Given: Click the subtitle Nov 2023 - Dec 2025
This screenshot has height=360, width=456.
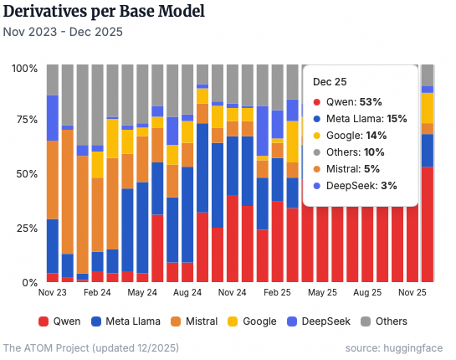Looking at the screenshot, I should pyautogui.click(x=63, y=33).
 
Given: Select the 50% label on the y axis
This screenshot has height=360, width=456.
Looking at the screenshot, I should pyautogui.click(x=25, y=174).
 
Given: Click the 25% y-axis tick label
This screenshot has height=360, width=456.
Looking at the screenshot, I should pyautogui.click(x=25, y=229).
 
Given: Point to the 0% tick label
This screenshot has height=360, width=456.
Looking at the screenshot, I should pyautogui.click(x=28, y=283).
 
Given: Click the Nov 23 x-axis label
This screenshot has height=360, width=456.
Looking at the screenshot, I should pyautogui.click(x=52, y=294).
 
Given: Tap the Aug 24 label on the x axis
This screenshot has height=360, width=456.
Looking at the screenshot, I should pyautogui.click(x=187, y=294).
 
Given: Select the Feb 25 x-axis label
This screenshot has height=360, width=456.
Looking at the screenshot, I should pyautogui.click(x=278, y=294).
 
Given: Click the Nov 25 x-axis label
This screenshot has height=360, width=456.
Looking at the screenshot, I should pyautogui.click(x=412, y=294).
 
